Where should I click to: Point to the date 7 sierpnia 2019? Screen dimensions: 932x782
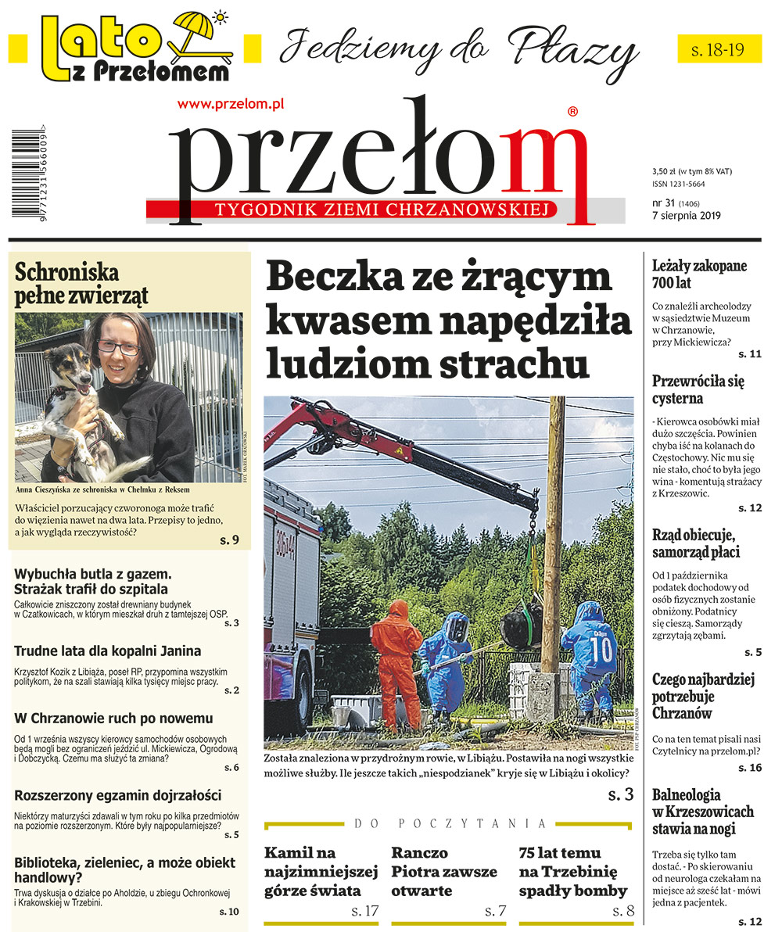tap(686, 217)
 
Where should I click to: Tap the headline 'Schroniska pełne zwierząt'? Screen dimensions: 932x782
tap(81, 285)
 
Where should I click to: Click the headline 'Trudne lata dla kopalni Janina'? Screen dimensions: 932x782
tap(108, 651)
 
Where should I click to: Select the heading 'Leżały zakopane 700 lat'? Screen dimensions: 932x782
tap(699, 274)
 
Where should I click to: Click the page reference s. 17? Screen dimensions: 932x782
tap(365, 910)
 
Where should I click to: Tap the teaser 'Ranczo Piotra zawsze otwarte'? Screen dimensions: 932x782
tap(443, 871)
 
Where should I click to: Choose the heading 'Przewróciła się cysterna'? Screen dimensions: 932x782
tap(698, 390)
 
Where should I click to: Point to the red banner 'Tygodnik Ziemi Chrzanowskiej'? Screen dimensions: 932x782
tap(352, 210)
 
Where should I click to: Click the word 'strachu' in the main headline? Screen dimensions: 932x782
tap(511, 364)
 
